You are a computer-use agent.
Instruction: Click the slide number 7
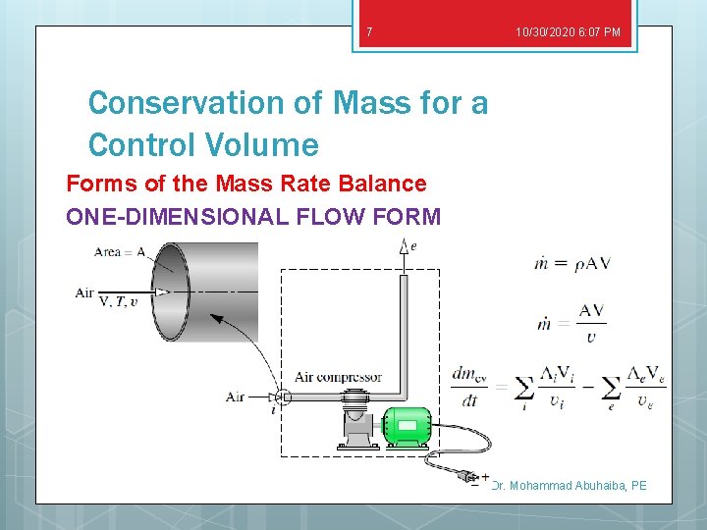click(x=369, y=32)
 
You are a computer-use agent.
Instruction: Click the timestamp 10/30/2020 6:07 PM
click(x=568, y=32)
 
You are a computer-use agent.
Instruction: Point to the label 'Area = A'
click(x=120, y=252)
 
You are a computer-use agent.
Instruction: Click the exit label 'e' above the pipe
click(x=412, y=246)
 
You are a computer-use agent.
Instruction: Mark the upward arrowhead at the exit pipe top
click(x=403, y=249)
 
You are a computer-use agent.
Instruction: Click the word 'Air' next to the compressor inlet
click(x=235, y=397)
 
